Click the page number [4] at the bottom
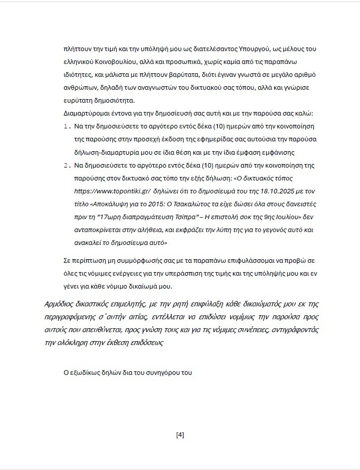tap(180, 435)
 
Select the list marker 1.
tap(68, 126)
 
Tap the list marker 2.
tap(68, 165)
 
